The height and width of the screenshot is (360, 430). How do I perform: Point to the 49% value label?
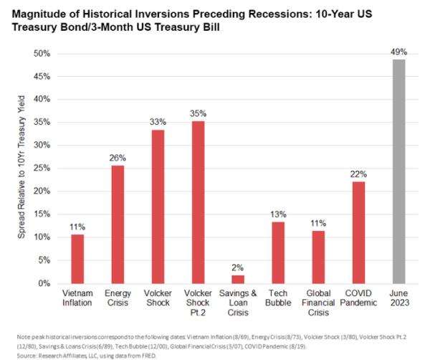tap(399, 52)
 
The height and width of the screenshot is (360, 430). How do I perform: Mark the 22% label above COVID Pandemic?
tap(359, 174)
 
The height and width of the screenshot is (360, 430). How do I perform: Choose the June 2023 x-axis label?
tap(399, 299)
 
